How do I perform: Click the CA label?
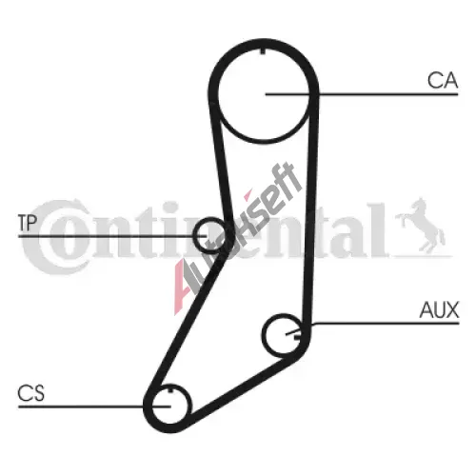pyautogui.click(x=443, y=80)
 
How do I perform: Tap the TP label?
pyautogui.click(x=28, y=223)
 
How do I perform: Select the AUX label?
pyautogui.click(x=439, y=309)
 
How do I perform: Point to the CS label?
pyautogui.click(x=31, y=393)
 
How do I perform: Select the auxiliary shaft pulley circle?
pyautogui.click(x=263, y=335)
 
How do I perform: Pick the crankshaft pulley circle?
pyautogui.click(x=152, y=405)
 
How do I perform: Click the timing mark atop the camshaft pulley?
pyautogui.click(x=263, y=51)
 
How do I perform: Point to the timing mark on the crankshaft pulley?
pyautogui.click(x=171, y=389)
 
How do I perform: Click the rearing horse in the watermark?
pyautogui.click(x=421, y=226)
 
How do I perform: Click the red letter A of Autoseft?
pyautogui.click(x=184, y=286)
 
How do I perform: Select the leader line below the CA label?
pyautogui.click(x=362, y=94)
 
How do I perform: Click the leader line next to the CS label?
pyautogui.click(x=94, y=407)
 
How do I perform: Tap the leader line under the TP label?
pyautogui.click(x=112, y=236)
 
